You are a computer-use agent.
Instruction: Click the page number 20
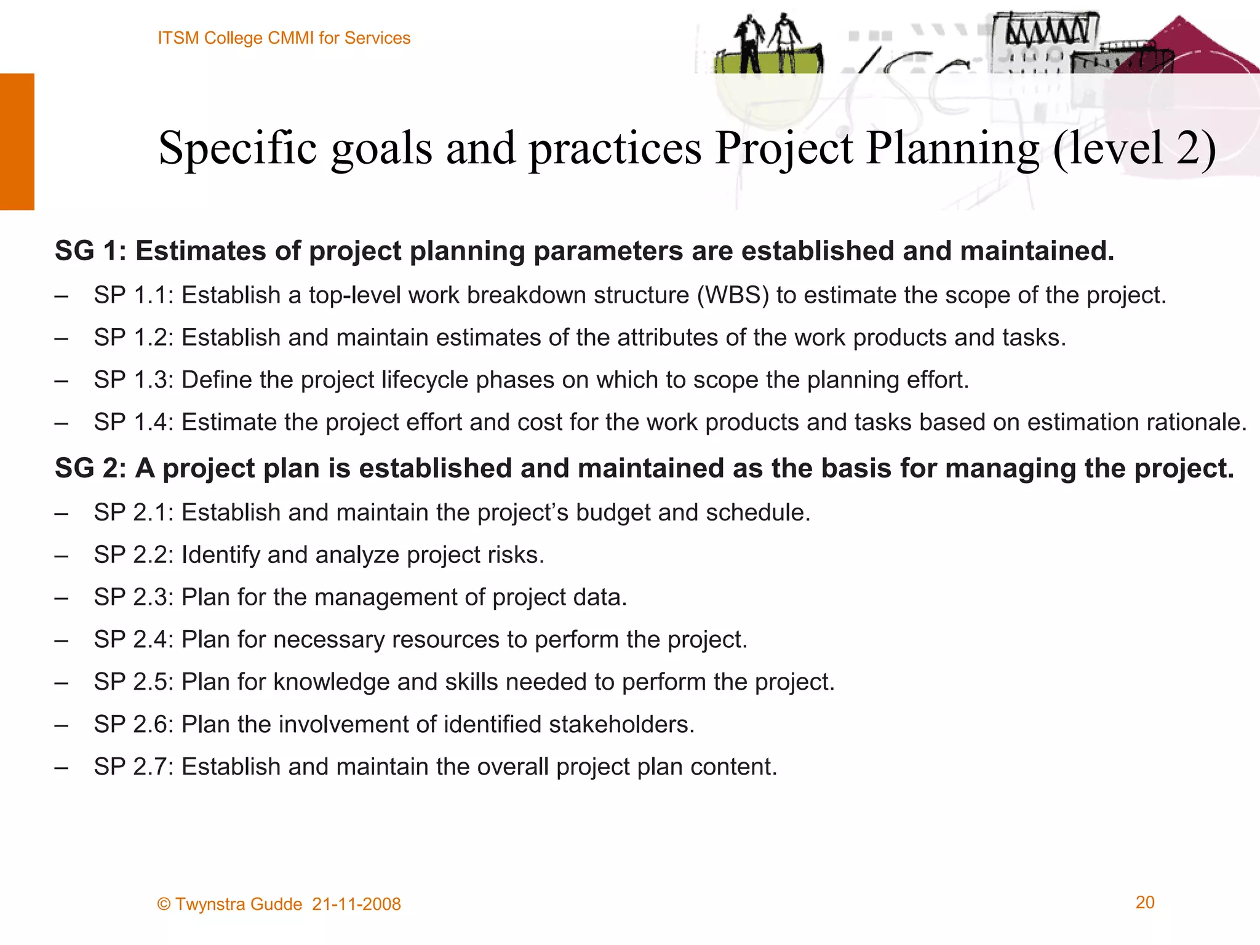(1144, 903)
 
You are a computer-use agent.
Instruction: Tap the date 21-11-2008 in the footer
(356, 904)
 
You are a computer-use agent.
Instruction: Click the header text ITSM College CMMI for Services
(284, 38)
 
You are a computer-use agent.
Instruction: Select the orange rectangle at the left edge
(17, 142)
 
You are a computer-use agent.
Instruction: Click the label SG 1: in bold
(90, 251)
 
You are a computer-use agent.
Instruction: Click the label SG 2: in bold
(90, 468)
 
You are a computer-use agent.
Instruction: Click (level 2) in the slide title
(1134, 148)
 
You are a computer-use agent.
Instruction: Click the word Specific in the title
(237, 148)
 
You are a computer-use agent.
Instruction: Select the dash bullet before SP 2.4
(61, 640)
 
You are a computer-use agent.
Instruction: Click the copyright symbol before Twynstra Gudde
(164, 904)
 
